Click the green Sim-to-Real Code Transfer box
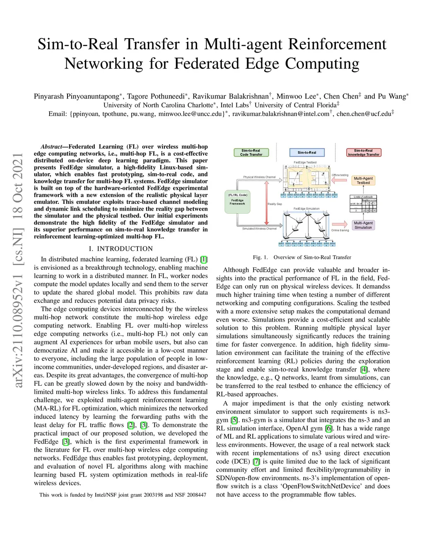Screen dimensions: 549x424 (251, 152)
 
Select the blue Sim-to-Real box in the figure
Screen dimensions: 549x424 (306, 152)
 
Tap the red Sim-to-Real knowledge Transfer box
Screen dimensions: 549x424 (363, 152)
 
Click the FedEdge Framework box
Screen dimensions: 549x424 (237, 202)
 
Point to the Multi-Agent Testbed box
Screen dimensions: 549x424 (363, 180)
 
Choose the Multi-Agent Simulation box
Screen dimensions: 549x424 (363, 225)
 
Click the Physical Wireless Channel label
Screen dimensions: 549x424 (259, 177)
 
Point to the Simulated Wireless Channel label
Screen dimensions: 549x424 (259, 229)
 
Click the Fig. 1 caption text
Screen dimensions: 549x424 (302, 257)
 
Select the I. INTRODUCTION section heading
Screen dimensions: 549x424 (120, 249)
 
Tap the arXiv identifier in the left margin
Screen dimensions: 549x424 (18, 270)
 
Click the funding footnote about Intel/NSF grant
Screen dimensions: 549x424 (123, 495)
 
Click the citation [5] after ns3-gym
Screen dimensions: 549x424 (234, 420)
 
